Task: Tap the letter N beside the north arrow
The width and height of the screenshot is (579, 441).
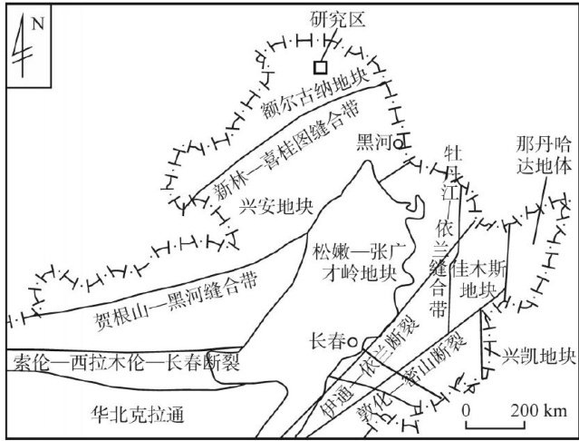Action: click(37, 24)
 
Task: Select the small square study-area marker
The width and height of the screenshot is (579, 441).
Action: click(319, 66)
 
